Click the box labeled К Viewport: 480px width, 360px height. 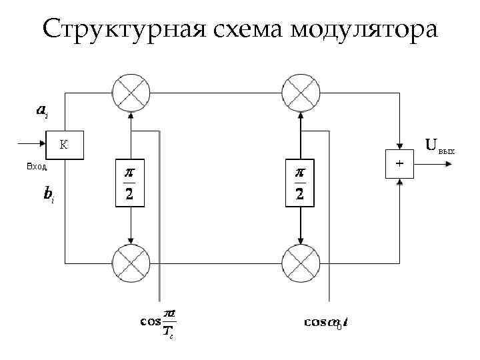coord(65,145)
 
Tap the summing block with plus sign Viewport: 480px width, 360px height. coord(399,163)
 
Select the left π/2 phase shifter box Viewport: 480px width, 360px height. coord(131,183)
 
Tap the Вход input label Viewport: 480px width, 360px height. coord(36,166)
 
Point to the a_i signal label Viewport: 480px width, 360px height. coord(41,111)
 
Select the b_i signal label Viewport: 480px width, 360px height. coord(48,195)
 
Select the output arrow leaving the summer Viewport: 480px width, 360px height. coord(430,163)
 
